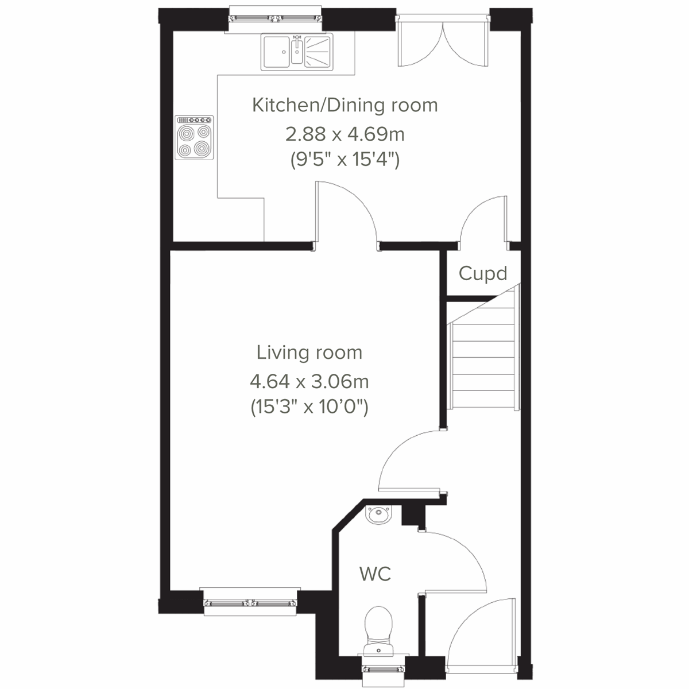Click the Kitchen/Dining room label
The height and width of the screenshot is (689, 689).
pyautogui.click(x=345, y=106)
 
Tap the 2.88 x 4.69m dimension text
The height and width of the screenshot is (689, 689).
pyautogui.click(x=345, y=134)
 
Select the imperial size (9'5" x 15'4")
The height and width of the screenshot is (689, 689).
pyautogui.click(x=345, y=159)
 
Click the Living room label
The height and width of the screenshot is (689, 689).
pyautogui.click(x=309, y=352)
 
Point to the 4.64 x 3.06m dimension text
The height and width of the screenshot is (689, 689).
pyautogui.click(x=309, y=381)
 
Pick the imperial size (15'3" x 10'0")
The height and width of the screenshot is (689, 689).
pyautogui.click(x=309, y=407)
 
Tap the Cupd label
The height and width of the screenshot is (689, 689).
pyautogui.click(x=483, y=273)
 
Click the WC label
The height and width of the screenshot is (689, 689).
pyautogui.click(x=375, y=573)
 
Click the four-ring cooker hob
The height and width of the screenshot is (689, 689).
pyautogui.click(x=194, y=138)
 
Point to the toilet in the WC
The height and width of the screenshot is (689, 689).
pyautogui.click(x=379, y=629)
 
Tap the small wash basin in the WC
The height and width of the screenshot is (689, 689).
pyautogui.click(x=378, y=514)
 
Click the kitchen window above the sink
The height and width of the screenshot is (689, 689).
pyautogui.click(x=275, y=17)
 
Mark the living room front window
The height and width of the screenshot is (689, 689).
pyautogui.click(x=250, y=603)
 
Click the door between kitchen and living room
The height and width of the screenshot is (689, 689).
pyautogui.click(x=344, y=212)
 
